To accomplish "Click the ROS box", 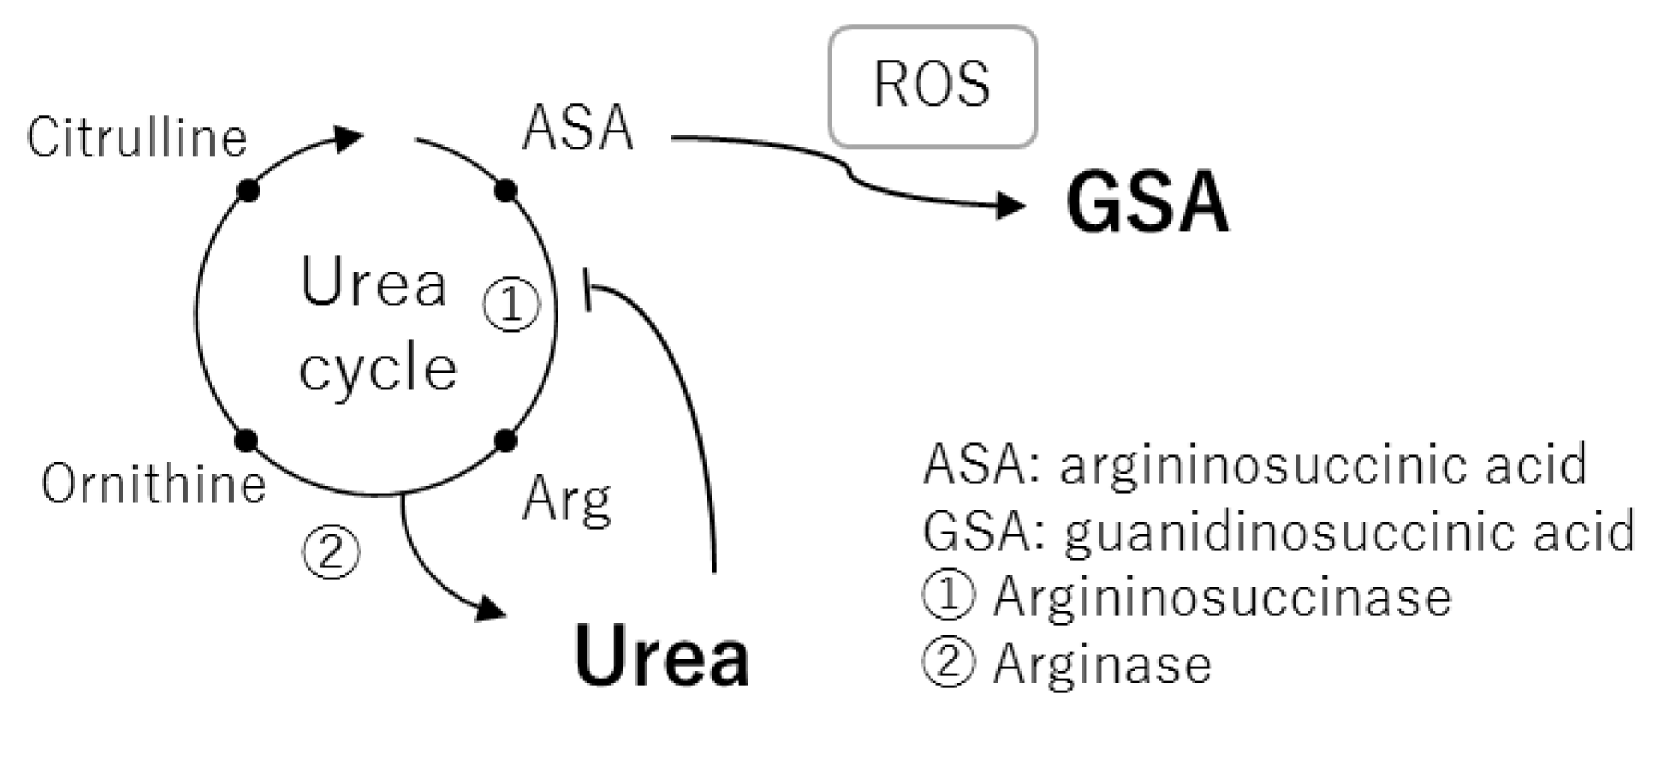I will tap(932, 87).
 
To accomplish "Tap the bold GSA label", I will tap(1147, 203).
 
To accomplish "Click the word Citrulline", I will tap(136, 138).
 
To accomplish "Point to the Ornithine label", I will tap(154, 484).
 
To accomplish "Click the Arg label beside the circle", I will tap(567, 500).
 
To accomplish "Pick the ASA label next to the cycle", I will tap(578, 128).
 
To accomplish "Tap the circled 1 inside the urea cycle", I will tap(511, 304).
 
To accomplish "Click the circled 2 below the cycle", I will tap(331, 551).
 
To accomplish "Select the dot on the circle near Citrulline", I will tap(248, 191).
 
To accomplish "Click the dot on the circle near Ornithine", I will tap(247, 440).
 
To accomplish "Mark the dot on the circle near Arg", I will tap(505, 440).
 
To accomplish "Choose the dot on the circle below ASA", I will tap(506, 191).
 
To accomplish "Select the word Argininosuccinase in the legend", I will tap(1222, 598).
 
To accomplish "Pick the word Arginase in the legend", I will tap(1102, 665).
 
